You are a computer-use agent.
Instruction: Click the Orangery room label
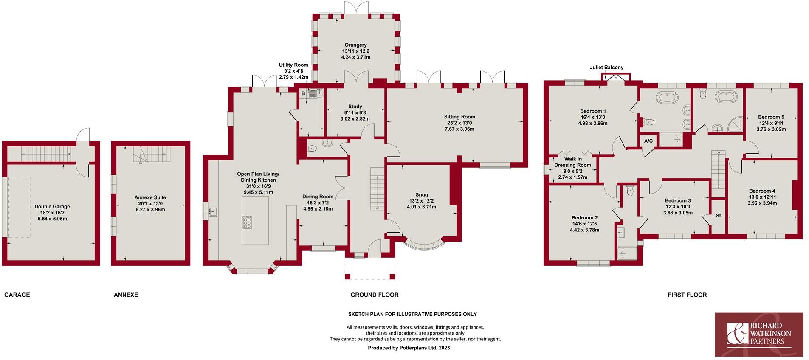355,45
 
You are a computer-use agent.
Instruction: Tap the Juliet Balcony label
606,67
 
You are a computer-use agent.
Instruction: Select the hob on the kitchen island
247,222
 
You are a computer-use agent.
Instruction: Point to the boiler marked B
303,93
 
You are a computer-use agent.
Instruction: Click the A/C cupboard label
648,141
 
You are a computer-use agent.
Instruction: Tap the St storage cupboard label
719,216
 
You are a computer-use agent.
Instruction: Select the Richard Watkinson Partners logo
759,335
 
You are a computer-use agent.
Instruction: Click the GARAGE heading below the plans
17,295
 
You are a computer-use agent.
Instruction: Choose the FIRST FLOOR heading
687,295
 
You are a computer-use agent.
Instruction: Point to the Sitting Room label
459,117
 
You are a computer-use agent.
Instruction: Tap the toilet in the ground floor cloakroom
312,149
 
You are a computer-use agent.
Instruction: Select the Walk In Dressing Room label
572,162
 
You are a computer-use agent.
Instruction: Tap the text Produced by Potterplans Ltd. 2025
409,348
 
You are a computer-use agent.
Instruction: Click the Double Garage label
52,207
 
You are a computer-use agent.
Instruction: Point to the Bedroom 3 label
678,201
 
